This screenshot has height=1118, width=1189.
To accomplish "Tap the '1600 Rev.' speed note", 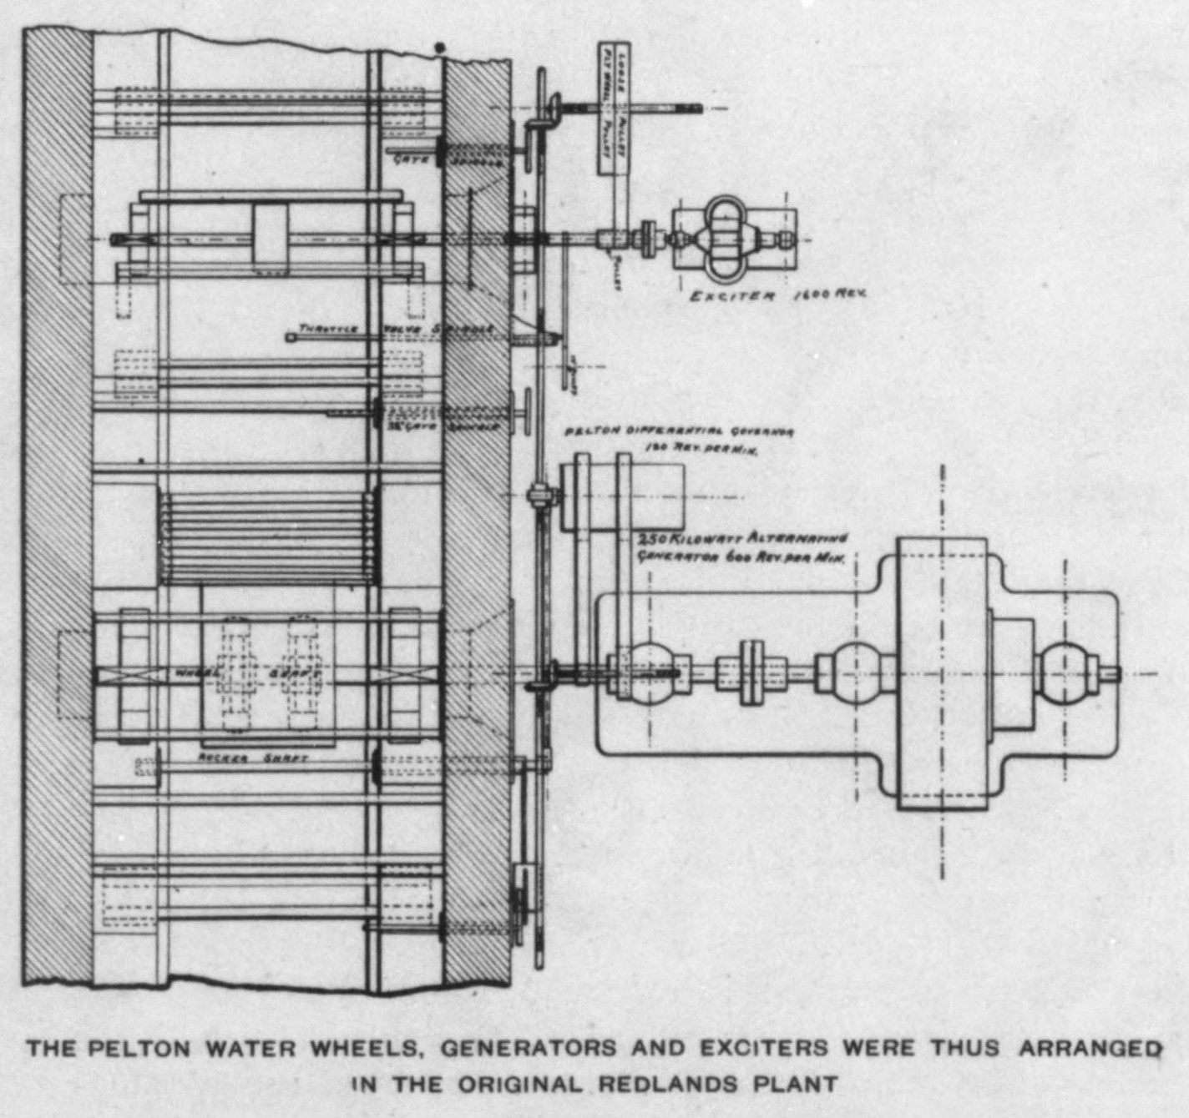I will [x=829, y=294].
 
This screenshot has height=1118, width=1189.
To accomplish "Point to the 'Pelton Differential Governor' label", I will [x=679, y=432].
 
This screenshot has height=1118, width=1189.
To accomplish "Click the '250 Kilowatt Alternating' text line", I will [x=742, y=539].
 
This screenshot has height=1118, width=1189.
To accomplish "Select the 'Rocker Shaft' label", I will [x=253, y=758].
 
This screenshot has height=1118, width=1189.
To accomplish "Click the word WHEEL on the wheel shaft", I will [x=198, y=672].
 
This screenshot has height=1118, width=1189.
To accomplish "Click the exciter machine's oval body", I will [x=722, y=239].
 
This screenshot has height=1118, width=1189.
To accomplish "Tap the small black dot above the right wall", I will [x=440, y=48].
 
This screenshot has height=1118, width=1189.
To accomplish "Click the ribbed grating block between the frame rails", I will [x=267, y=538].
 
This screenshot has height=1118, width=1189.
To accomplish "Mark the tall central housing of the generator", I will [x=942, y=672].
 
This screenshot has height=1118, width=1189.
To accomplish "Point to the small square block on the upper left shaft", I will [x=270, y=240].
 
